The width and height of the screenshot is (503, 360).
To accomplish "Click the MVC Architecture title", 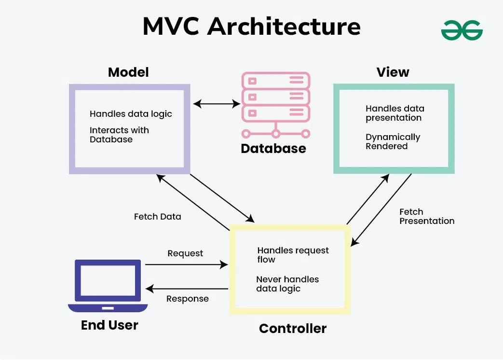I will coord(251,26).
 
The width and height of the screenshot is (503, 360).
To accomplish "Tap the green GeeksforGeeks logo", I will coord(462,30).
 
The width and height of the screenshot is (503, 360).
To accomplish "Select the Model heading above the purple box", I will coord(128,72).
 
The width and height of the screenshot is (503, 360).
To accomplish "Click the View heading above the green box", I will coord(393,72).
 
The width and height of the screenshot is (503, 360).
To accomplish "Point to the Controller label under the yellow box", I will coord(293,329).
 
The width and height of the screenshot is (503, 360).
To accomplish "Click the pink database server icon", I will coord(275,104).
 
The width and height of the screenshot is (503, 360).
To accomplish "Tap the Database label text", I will coord(273,149).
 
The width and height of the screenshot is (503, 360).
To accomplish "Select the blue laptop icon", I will coord(108,286).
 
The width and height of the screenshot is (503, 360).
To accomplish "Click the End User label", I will coord(109,325).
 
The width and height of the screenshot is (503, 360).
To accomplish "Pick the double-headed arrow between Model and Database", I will coord(217,103).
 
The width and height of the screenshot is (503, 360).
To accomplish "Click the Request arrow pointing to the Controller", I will coord(186,264).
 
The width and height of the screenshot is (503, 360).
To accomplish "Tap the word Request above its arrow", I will coord(185,253).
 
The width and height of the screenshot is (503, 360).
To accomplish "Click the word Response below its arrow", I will coord(188,299).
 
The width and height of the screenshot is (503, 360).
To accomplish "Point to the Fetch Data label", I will coord(158,217).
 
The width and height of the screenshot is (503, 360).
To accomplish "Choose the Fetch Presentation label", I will coord(427,216).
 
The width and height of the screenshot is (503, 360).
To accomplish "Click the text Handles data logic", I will coord(131,114).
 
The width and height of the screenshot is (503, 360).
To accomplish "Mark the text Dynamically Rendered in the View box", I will coord(393,141).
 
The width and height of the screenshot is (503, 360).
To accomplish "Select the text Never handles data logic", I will coord(287,284).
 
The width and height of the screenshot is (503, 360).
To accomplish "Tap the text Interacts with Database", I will coord(119,135).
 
